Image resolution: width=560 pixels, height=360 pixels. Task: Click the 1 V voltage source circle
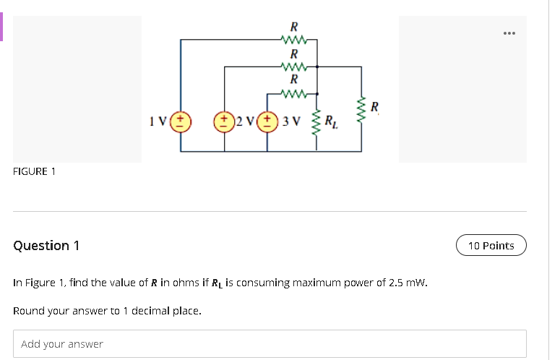pos(181,120)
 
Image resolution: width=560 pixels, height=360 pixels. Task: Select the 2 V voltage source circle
pos(225,120)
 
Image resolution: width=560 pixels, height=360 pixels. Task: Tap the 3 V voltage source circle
pos(269,120)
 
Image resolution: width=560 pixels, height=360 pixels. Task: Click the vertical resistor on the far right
pos(361,108)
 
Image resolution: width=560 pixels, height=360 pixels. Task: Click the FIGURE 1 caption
pos(35,171)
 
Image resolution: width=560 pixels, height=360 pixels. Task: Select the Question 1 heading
pos(46,246)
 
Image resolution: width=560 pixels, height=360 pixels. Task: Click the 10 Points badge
pos(491,246)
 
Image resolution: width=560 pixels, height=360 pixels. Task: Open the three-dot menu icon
pos(510,33)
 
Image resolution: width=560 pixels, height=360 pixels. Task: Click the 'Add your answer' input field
pos(270,344)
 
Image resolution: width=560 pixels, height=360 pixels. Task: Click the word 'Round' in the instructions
pos(30,311)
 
